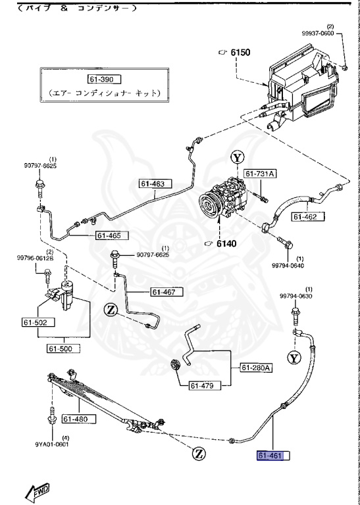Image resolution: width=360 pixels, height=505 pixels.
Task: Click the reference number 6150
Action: (x=240, y=51)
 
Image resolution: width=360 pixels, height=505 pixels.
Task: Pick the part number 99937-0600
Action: (x=337, y=33)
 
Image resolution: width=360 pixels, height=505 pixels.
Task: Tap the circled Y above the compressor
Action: (x=238, y=158)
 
